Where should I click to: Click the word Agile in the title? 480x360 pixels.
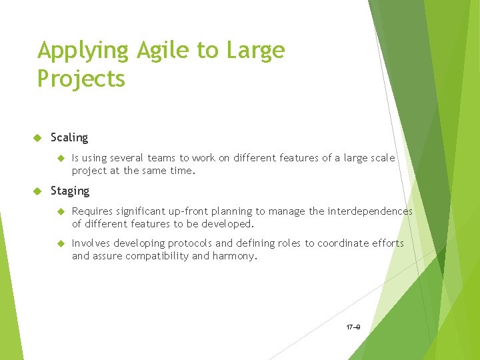[x=159, y=51]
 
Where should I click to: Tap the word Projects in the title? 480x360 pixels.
[x=81, y=79]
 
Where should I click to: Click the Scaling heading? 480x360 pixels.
[x=69, y=137]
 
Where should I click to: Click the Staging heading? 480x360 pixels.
[x=70, y=191]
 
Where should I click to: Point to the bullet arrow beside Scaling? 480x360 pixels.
[x=37, y=138]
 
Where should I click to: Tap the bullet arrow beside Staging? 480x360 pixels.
[x=37, y=191]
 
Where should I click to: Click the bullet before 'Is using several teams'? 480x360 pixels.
[x=59, y=158]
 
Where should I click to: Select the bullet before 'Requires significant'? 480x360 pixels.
[x=59, y=211]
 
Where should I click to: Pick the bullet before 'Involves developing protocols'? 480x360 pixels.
[x=59, y=243]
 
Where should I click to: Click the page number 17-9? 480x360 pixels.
[x=353, y=327]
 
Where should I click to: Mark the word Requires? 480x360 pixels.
[x=92, y=211]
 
